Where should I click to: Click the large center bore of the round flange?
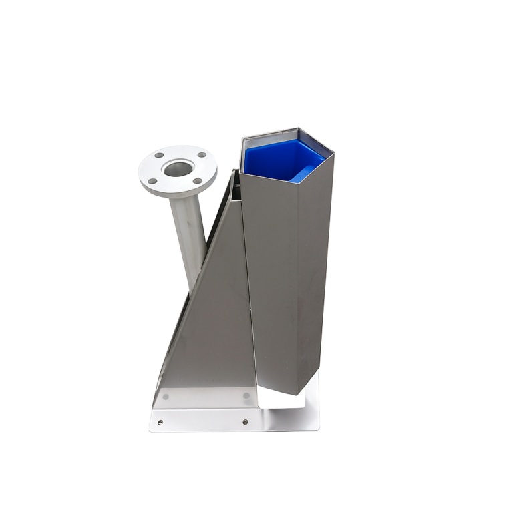pos(177,168)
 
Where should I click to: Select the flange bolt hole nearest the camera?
pos(197,181)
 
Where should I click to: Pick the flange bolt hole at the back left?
pos(159,156)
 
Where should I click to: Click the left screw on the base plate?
pos(160,422)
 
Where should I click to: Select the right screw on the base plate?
pos(245,422)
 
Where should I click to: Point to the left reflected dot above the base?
pos(166,397)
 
